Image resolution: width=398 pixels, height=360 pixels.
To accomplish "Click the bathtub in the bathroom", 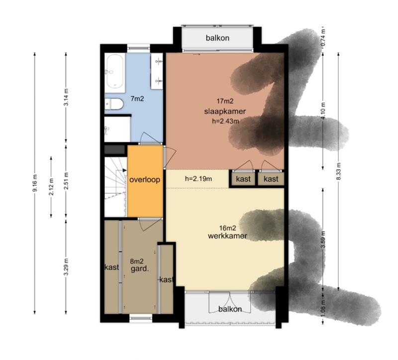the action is pos(115,72).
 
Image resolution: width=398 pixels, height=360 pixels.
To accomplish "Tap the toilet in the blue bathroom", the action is pos(114,104).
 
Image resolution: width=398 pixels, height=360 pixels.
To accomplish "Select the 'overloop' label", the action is pos(145,180).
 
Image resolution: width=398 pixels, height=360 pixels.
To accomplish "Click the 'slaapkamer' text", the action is pos(225,111).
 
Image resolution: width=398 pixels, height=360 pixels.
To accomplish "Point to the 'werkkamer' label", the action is pos(227,236).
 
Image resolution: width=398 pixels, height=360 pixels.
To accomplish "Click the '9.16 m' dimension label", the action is pos(35,183).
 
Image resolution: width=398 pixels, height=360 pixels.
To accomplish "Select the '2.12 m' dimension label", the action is pos(51,187).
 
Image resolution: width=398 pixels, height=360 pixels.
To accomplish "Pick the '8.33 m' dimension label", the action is pos(338,171).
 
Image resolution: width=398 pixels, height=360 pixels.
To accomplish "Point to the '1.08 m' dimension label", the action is pos(323,308).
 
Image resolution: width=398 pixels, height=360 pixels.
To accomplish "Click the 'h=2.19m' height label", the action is pos(198,179).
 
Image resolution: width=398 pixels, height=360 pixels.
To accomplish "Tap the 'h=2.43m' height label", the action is pos(225,121).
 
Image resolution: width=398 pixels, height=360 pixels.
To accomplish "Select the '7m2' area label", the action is pos(137,99).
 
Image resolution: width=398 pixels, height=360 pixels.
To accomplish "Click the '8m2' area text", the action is pos(137,261).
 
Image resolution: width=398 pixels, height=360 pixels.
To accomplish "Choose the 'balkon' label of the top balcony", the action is pos(217,38).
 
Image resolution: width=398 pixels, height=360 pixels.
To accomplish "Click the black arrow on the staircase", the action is pos(124,170).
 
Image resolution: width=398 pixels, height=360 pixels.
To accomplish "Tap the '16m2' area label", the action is pos(227,228).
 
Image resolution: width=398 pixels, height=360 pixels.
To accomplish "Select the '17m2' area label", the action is pos(225,101).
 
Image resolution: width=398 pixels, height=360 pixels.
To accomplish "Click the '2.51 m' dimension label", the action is pos(66,181).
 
